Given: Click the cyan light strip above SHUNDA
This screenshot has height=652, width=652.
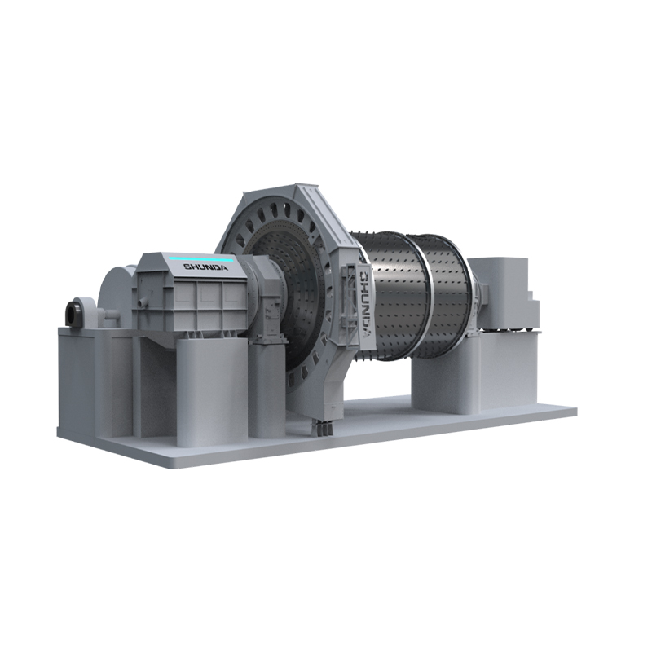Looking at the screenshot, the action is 201,259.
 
